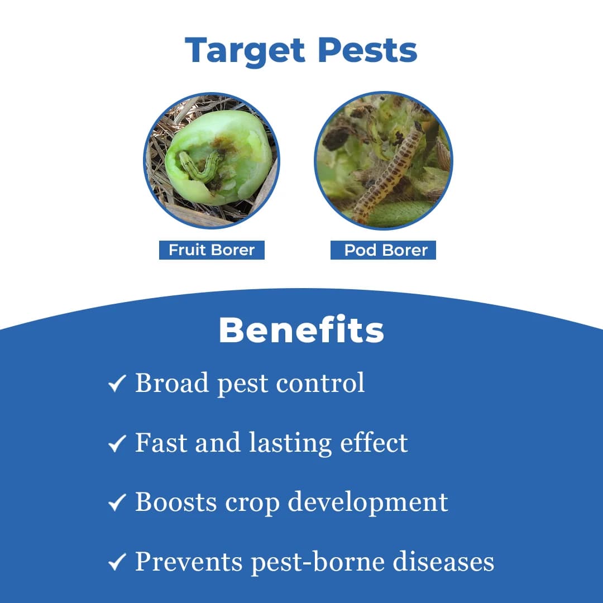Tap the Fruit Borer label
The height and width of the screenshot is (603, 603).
212,250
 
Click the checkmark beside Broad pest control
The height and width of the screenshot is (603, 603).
117,384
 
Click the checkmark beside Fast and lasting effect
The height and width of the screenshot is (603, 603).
117,444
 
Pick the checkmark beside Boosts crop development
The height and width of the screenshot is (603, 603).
117,504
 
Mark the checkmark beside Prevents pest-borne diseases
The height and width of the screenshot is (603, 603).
117,563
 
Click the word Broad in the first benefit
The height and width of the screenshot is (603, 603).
172,383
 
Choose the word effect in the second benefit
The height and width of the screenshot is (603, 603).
374,443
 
